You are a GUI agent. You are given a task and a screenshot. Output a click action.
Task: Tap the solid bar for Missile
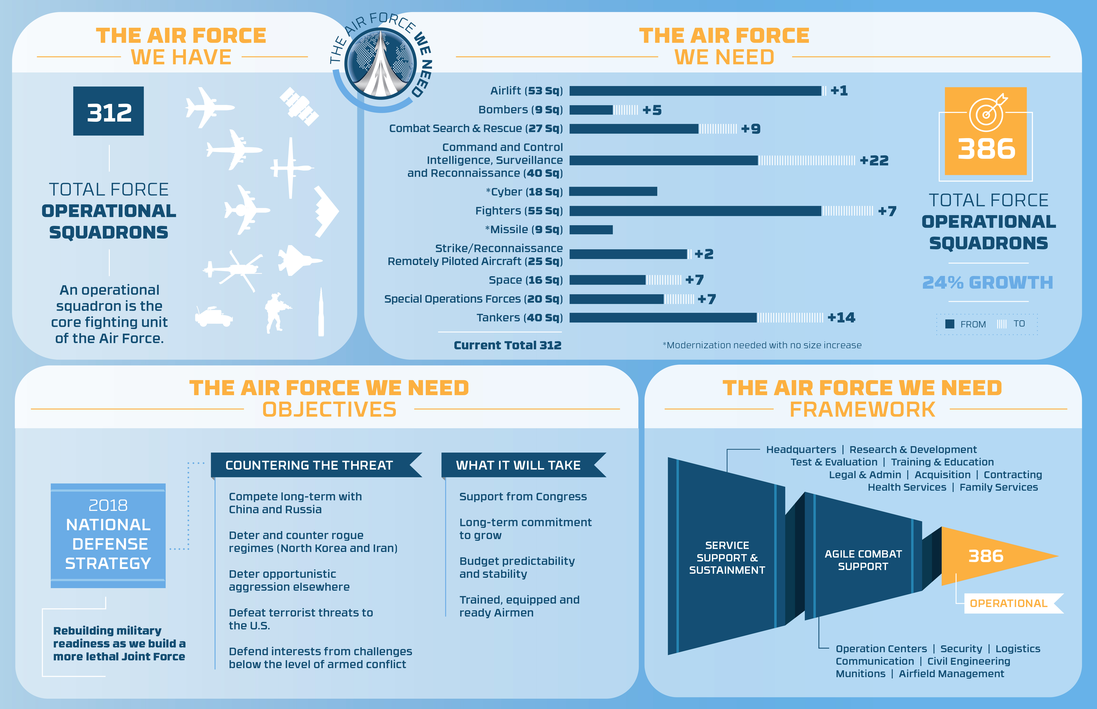(591, 230)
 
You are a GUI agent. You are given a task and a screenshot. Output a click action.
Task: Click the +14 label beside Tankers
(841, 318)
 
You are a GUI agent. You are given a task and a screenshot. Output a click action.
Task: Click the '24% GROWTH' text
(987, 282)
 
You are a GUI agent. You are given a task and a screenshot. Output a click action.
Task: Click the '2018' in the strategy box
(108, 506)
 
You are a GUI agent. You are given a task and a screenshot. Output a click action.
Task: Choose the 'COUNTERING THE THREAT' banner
(309, 465)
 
